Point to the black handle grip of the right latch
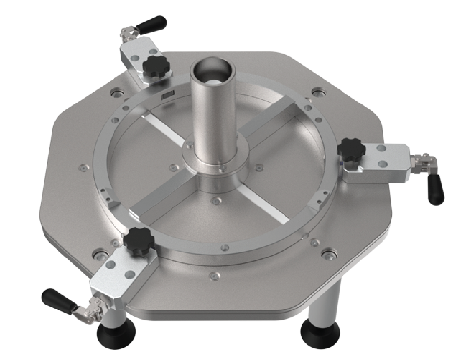point(435,189)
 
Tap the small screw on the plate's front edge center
point(214,275)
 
